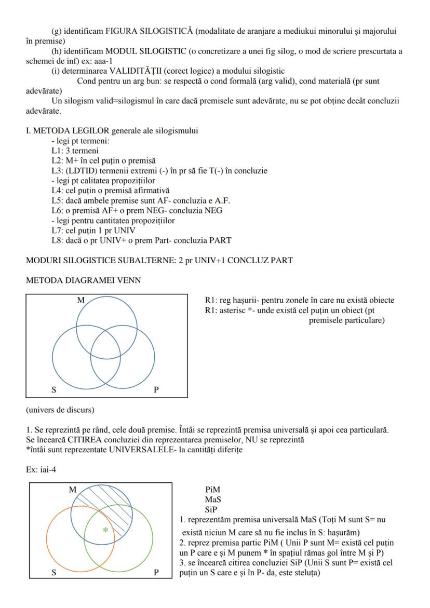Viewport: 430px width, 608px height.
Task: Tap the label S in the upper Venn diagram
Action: pyautogui.click(x=54, y=389)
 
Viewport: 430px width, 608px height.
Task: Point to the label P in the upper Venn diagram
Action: pyautogui.click(x=156, y=389)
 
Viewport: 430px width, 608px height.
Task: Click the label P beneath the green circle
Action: pyautogui.click(x=156, y=573)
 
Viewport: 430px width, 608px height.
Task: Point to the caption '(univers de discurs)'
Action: pyautogui.click(x=60, y=410)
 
